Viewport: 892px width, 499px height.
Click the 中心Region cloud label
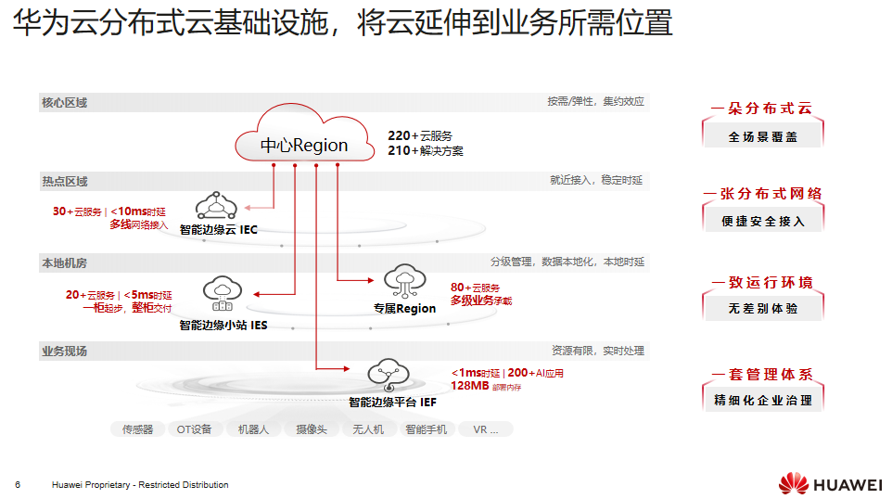303,145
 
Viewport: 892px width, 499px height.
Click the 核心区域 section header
64,102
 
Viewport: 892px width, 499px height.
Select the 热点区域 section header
64,181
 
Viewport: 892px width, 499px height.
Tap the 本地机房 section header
64,263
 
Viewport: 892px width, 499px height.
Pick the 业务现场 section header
64,352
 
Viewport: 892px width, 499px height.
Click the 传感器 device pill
137,429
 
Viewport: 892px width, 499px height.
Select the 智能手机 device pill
426,429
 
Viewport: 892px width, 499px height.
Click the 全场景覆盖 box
762,136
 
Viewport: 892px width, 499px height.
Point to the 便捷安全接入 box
762,222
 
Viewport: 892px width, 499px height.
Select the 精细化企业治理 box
762,400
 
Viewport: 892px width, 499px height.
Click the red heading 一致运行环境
762,282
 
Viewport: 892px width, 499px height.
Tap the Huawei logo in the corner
830,483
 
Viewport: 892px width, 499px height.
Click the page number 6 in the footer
18,485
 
